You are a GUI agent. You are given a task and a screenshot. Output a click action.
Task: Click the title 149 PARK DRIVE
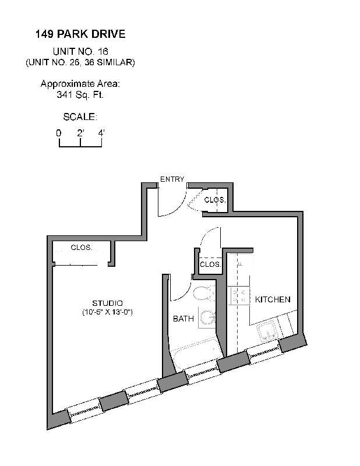pyautogui.click(x=80, y=34)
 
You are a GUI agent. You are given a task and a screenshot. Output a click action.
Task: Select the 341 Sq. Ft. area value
pyautogui.click(x=80, y=94)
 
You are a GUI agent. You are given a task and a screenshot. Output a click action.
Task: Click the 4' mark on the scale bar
pyautogui.click(x=101, y=133)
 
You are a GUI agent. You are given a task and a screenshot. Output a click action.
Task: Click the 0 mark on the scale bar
pyautogui.click(x=59, y=133)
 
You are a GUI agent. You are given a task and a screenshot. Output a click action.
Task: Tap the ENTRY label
pyautogui.click(x=172, y=179)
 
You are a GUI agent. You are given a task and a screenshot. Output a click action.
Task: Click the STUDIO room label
pyautogui.click(x=107, y=303)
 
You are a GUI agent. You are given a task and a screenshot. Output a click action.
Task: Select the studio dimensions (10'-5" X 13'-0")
pyautogui.click(x=107, y=313)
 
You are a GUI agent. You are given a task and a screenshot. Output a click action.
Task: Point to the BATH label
pyautogui.click(x=182, y=319)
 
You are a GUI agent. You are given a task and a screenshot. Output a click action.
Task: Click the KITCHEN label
pyautogui.click(x=273, y=299)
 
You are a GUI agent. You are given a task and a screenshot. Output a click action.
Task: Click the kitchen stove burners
pyautogui.click(x=238, y=295)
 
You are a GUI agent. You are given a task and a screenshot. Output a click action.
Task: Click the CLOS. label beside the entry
pyautogui.click(x=214, y=200)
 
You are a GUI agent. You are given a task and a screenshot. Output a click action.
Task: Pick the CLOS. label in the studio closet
pyautogui.click(x=82, y=247)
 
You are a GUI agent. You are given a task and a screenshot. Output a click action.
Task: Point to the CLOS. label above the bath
pyautogui.click(x=210, y=264)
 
